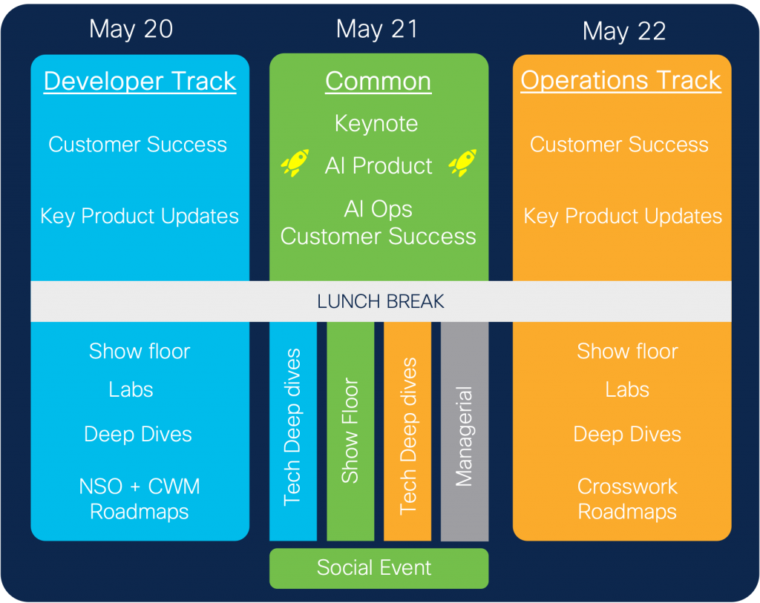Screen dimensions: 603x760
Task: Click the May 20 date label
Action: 131,29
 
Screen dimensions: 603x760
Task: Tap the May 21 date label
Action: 377,29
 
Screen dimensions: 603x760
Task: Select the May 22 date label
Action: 624,31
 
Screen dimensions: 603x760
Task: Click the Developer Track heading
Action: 140,81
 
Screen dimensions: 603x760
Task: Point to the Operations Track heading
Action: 620,80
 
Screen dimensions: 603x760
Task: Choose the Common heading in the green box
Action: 378,81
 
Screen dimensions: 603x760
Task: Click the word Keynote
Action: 376,123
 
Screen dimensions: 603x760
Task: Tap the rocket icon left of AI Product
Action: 295,162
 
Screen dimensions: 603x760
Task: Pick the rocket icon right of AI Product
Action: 463,162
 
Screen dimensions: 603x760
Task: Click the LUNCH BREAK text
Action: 380,301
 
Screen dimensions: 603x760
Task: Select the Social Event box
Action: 379,568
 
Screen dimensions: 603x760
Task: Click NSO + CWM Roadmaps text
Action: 140,498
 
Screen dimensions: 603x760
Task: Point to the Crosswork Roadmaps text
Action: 627,498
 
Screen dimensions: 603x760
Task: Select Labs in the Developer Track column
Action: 131,389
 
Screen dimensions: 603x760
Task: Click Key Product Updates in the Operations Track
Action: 622,216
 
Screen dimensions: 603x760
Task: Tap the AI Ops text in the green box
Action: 378,209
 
